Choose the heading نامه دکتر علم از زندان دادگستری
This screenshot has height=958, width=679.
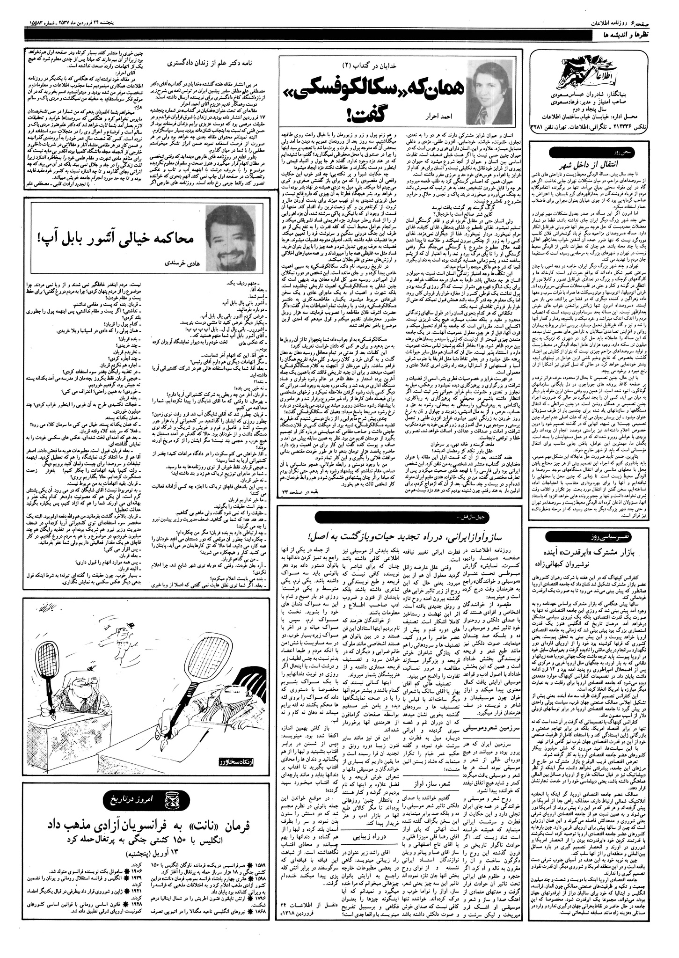(209, 61)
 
